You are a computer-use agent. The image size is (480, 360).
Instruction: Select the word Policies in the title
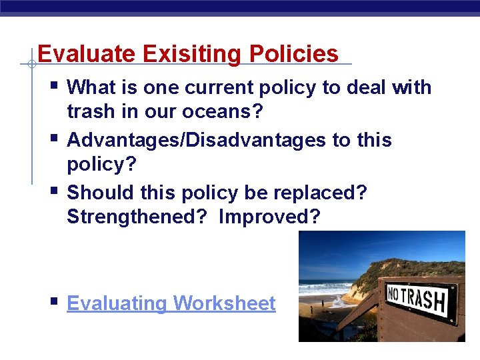click(x=293, y=54)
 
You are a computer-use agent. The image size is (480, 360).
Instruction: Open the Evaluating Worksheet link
click(x=171, y=303)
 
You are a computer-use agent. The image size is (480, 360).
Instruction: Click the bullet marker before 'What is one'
click(x=53, y=85)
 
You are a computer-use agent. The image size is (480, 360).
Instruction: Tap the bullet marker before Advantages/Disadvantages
click(x=53, y=139)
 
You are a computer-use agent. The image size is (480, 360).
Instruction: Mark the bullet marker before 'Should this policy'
click(x=53, y=191)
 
